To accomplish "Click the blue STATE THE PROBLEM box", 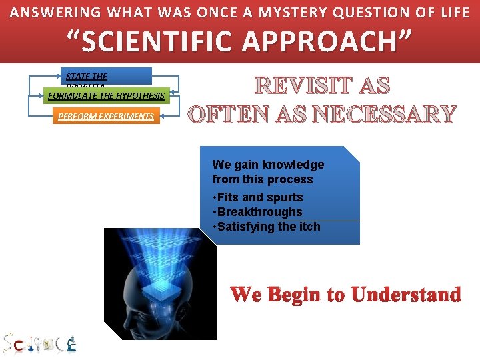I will click(x=105, y=76).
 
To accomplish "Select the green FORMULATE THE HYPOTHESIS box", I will click(x=107, y=96).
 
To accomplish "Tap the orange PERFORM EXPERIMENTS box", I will click(x=106, y=116).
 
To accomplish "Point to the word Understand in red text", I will click(x=406, y=294).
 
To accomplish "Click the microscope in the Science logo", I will click(x=71, y=345).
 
